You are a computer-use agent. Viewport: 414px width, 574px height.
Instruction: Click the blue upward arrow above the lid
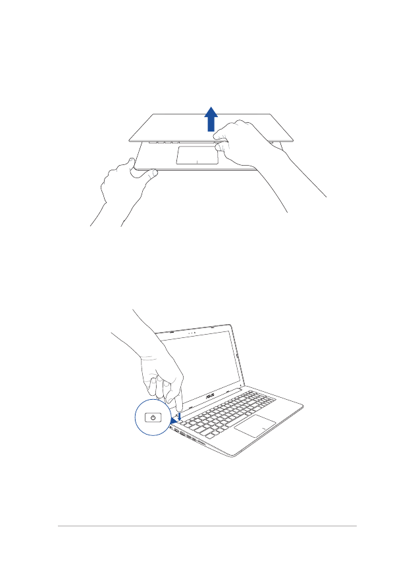tap(211, 121)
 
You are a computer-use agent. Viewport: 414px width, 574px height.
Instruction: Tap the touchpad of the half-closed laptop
tap(197, 156)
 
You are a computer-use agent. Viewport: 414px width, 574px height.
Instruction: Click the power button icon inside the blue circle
tap(153, 418)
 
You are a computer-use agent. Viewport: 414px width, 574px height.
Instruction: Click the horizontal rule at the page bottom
tap(207, 525)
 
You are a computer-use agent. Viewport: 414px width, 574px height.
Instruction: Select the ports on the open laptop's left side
tap(188, 438)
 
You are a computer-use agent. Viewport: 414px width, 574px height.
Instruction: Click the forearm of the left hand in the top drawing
tap(112, 210)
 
